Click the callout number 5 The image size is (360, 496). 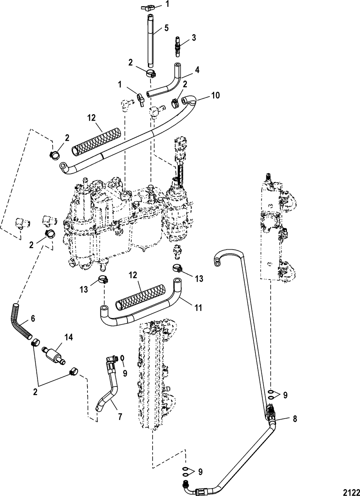tap(166, 28)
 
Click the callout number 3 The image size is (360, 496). tap(194, 38)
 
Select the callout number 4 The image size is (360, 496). tap(197, 70)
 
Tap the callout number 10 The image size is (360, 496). tap(215, 95)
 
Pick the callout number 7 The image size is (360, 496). tap(120, 417)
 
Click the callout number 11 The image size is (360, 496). tap(198, 308)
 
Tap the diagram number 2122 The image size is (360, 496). tap(351, 492)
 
